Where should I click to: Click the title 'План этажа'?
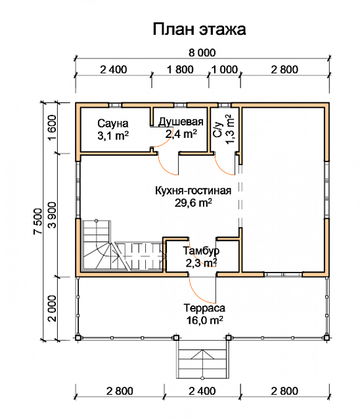pyautogui.click(x=199, y=29)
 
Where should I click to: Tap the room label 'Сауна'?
pyautogui.click(x=113, y=123)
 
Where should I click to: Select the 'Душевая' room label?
pyautogui.click(x=181, y=122)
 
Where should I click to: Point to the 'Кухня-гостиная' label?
pyautogui.click(x=193, y=191)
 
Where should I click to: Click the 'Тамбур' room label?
pyautogui.click(x=201, y=251)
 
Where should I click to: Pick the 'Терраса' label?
pyautogui.click(x=204, y=308)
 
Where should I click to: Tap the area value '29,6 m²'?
pyautogui.click(x=193, y=203)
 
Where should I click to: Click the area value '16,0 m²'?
pyautogui.click(x=204, y=320)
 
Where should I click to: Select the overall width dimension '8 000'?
pyautogui.click(x=202, y=53)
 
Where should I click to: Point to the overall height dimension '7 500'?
pyautogui.click(x=38, y=221)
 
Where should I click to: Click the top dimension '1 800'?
pyautogui.click(x=180, y=70)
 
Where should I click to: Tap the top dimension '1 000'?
pyautogui.click(x=225, y=70)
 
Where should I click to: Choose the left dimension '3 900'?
pyautogui.click(x=52, y=215)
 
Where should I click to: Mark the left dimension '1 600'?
pyautogui.click(x=52, y=127)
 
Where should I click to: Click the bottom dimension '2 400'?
pyautogui.click(x=202, y=391)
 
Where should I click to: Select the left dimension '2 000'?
pyautogui.click(x=52, y=308)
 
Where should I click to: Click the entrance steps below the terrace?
pyautogui.click(x=202, y=359)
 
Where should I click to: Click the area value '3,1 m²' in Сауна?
pyautogui.click(x=113, y=135)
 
